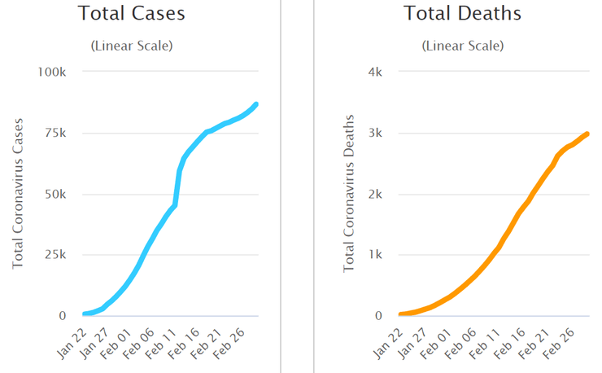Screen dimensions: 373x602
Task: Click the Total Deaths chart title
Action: click(x=462, y=14)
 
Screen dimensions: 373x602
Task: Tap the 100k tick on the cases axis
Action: click(x=52, y=72)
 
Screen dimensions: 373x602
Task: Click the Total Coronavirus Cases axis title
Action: click(x=19, y=193)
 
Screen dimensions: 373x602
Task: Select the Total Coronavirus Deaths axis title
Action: click(x=349, y=193)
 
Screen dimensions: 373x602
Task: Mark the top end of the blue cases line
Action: click(x=256, y=104)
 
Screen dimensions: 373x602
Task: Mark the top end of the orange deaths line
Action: click(x=587, y=134)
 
